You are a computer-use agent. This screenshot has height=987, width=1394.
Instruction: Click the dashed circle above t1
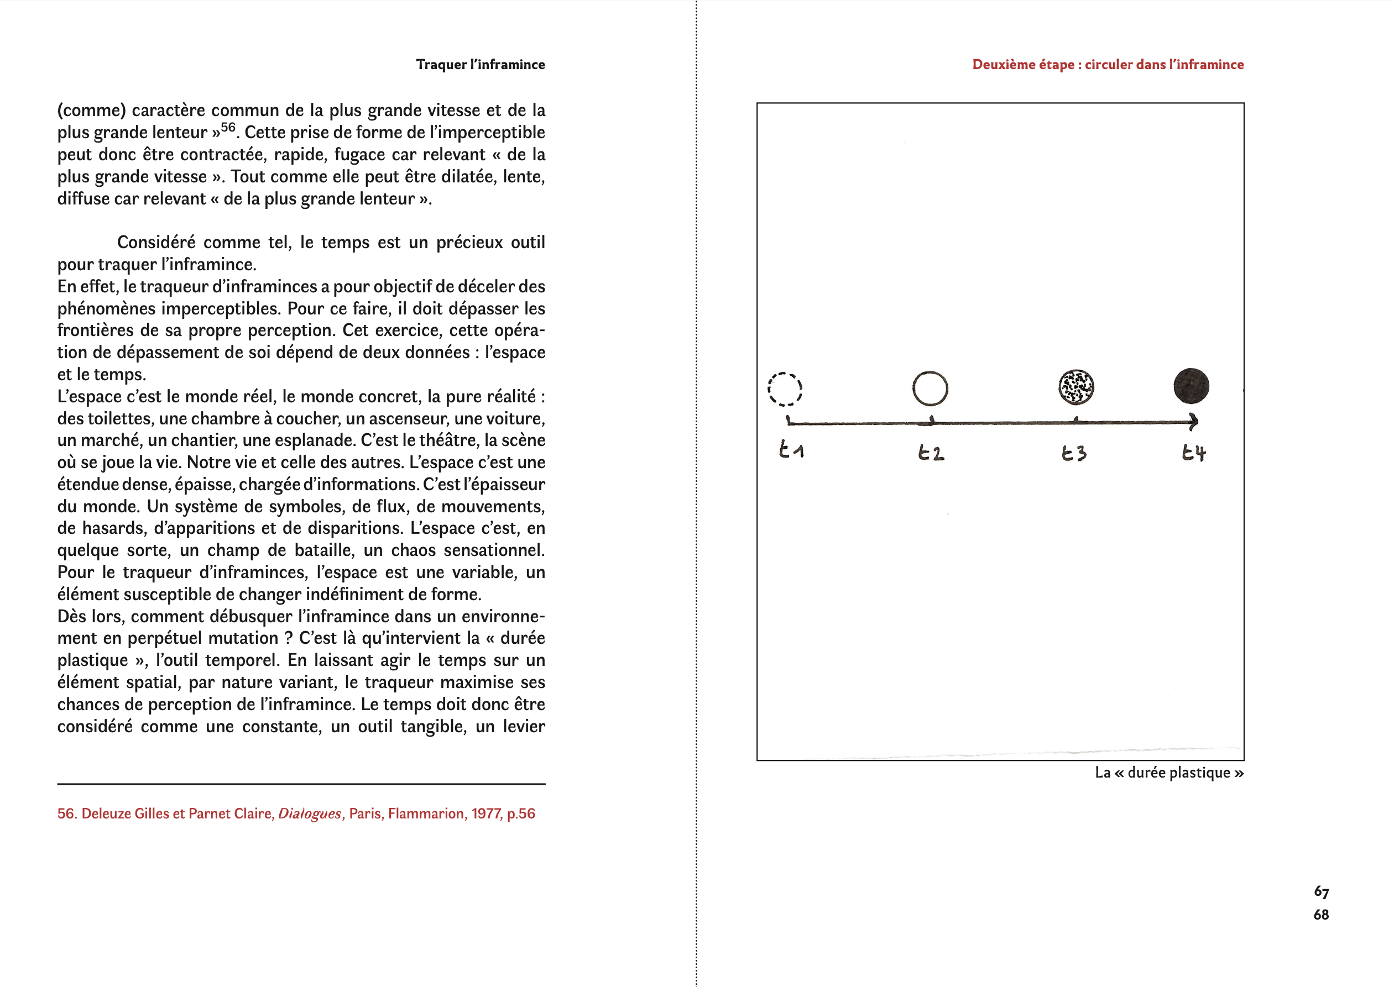[784, 389]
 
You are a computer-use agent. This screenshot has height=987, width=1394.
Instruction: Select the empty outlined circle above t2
[930, 389]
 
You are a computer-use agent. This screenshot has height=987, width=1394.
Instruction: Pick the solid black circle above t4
[1191, 386]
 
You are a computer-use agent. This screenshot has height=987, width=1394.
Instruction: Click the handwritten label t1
[791, 450]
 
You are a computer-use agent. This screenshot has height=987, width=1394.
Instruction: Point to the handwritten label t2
[931, 453]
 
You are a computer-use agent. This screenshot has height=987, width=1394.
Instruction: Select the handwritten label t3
[1074, 453]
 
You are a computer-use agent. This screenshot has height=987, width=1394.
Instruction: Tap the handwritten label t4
[1193, 453]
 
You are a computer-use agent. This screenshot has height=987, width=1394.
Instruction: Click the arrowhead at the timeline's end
[1193, 421]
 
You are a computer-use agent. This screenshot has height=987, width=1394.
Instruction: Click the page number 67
[1321, 891]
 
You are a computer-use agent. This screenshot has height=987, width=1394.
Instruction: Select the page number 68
[1321, 915]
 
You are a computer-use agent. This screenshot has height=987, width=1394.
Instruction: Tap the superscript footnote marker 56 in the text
[228, 128]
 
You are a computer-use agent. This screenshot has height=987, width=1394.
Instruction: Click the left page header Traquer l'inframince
[481, 65]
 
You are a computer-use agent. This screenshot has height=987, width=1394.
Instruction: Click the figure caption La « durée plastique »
[1168, 773]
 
